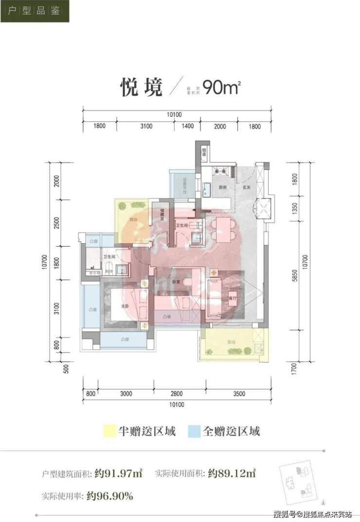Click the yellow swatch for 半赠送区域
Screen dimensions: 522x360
click(x=108, y=431)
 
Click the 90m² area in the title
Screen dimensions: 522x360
click(x=222, y=88)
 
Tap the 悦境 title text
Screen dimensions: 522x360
click(x=141, y=88)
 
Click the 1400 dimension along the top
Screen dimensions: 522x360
click(x=188, y=126)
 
